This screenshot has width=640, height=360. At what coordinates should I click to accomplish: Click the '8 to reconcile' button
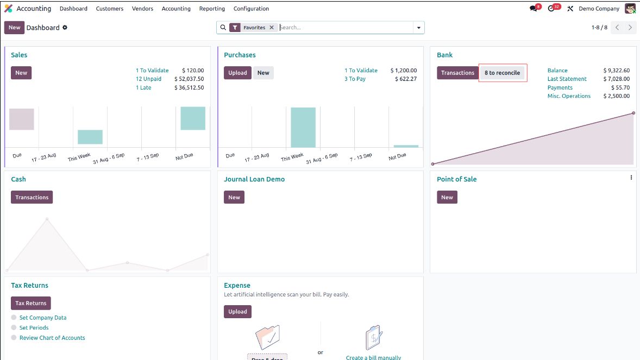tap(502, 73)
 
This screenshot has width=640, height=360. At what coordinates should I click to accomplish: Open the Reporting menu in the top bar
tap(212, 9)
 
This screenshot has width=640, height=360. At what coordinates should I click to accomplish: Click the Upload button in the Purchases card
tap(237, 73)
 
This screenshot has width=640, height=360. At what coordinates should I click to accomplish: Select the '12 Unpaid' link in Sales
tap(148, 79)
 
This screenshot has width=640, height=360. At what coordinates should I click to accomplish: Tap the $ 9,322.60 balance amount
tap(616, 71)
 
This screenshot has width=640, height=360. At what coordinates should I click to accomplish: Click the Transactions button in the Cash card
tap(32, 197)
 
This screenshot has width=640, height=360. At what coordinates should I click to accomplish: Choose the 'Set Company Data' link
tap(43, 318)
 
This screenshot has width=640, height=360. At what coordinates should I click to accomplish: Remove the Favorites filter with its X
tap(272, 27)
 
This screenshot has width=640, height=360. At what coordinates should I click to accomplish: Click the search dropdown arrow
tap(418, 27)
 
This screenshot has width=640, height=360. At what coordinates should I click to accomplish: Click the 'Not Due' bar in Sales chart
tap(193, 118)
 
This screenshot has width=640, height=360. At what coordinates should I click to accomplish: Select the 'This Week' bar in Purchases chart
tap(303, 127)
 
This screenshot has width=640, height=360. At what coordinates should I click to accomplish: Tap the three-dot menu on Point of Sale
tap(631, 178)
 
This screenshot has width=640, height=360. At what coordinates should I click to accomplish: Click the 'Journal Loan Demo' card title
tap(254, 179)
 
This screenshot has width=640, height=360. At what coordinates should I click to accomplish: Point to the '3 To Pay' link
tap(355, 79)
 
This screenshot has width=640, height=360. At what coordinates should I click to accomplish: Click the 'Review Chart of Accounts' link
tap(52, 338)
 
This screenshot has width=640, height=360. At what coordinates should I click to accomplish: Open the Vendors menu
tap(142, 9)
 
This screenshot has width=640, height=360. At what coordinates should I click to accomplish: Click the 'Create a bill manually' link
tap(373, 357)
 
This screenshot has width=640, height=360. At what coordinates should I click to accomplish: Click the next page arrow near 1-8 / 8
tap(630, 27)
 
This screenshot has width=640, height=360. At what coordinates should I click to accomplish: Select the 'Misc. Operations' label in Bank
tap(569, 96)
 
